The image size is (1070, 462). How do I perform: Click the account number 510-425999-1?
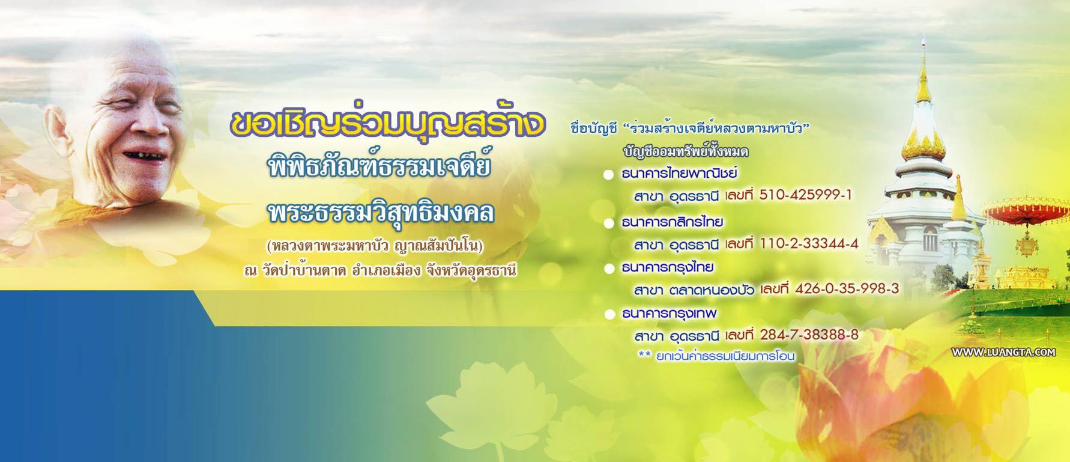point(805,195)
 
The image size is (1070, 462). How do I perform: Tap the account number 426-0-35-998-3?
point(847,289)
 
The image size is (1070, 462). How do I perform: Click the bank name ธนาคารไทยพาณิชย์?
point(679,174)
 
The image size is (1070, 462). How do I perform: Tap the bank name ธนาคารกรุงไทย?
point(667,267)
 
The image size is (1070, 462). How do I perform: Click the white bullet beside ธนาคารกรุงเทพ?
point(609,314)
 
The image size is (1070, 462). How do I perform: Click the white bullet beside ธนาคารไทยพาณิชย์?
point(609,175)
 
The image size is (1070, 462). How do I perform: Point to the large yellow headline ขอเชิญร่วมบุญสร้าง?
point(388,123)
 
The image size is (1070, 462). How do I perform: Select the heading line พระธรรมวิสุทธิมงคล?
point(381,213)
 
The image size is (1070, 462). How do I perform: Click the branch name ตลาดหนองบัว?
point(713,290)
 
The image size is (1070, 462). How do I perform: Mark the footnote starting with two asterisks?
point(716,356)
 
